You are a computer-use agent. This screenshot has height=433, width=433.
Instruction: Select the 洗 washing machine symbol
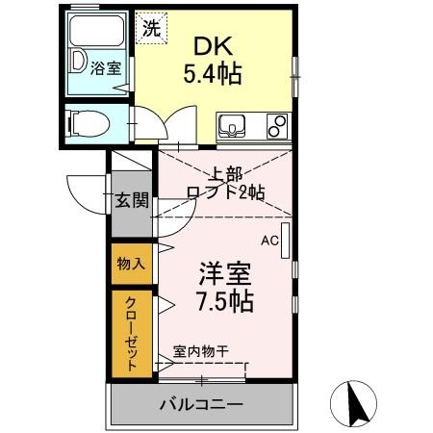click(151, 28)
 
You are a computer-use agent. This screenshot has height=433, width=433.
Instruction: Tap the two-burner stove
click(276, 126)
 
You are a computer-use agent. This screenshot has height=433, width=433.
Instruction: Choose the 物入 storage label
click(131, 263)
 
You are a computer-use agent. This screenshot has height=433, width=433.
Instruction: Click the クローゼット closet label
click(131, 332)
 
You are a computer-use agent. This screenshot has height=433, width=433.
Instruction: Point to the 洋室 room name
click(227, 272)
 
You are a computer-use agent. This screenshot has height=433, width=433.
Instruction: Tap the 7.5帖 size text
click(227, 301)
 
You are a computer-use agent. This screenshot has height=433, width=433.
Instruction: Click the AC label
click(269, 242)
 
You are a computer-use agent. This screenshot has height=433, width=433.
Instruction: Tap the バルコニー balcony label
click(201, 403)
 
